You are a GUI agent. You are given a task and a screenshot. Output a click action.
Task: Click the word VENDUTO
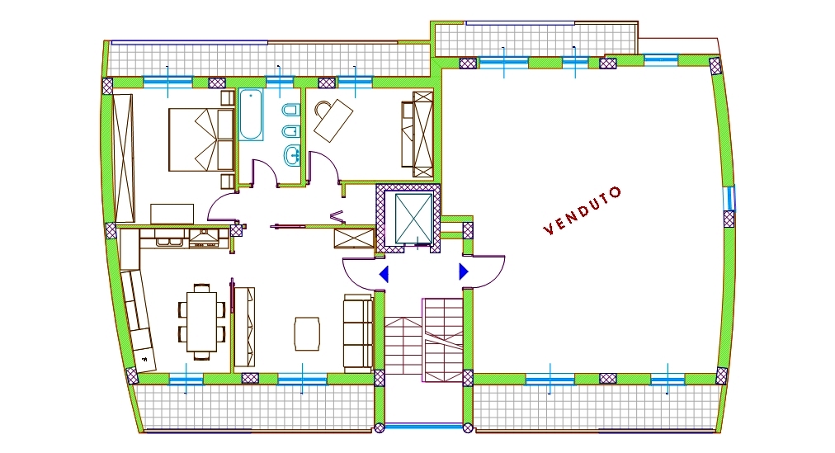pos(582,210)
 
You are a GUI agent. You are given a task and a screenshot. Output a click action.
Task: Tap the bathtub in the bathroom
pos(250,115)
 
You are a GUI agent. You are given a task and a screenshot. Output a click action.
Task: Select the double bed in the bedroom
pos(201,139)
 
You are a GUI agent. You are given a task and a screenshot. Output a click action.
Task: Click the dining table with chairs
pos(202,322)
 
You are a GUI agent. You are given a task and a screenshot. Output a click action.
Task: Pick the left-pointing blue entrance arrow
pos(384,274)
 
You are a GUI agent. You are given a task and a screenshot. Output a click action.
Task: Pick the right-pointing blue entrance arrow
pos(464,271)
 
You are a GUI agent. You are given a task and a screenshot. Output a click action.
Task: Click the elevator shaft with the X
pos(413,218)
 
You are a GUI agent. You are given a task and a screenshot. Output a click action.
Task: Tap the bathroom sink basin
pos(291,155)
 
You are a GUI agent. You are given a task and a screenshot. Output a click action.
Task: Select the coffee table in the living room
pos(307,333)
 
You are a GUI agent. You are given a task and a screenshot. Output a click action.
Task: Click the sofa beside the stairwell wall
pos(358,333)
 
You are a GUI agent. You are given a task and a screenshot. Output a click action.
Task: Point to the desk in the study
pos(333,120)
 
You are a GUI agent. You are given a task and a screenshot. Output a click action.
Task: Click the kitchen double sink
pos(169,241)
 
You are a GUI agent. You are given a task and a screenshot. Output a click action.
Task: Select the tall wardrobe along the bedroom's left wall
pos(123,158)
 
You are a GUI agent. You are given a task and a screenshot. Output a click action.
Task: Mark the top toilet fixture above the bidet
pos(290,111)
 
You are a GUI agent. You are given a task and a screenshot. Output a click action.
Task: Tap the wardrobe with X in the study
pos(422,134)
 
